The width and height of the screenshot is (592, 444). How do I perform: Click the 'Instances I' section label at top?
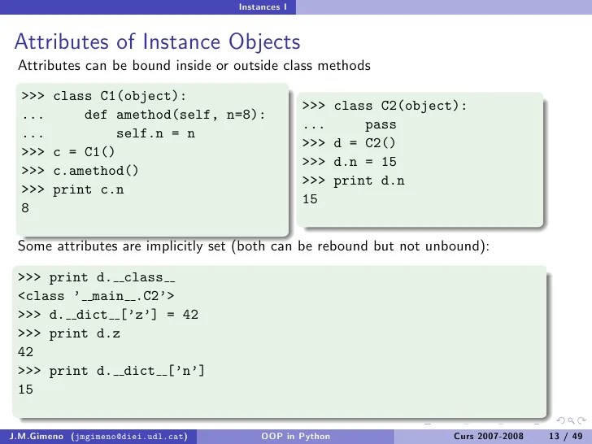[x=261, y=7]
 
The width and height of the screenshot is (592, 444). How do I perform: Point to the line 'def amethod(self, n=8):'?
[x=175, y=115]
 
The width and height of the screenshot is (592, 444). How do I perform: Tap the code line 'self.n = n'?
[x=155, y=133]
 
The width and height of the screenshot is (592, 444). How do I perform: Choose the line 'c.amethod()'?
[x=96, y=171]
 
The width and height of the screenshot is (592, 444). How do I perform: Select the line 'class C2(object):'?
[x=400, y=107]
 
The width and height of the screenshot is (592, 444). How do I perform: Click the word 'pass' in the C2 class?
[x=381, y=125]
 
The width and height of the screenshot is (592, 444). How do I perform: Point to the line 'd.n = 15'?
[x=365, y=162]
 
